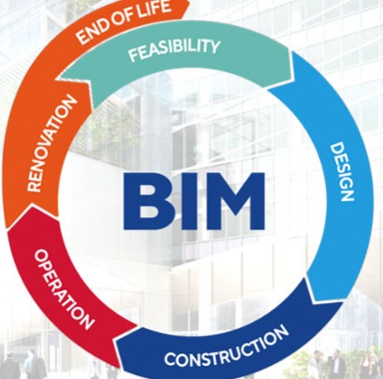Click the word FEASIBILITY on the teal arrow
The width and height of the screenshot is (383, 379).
[x=174, y=50]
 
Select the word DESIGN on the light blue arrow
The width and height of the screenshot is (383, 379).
[x=343, y=172]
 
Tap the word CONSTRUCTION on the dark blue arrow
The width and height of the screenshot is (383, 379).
[x=227, y=346]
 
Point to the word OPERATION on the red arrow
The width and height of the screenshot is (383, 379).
[x=64, y=289]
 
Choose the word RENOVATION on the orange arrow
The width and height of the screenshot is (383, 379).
[x=52, y=143]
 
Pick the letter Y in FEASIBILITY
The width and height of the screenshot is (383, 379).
[x=214, y=47]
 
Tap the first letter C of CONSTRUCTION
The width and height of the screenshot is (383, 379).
[x=169, y=359]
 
